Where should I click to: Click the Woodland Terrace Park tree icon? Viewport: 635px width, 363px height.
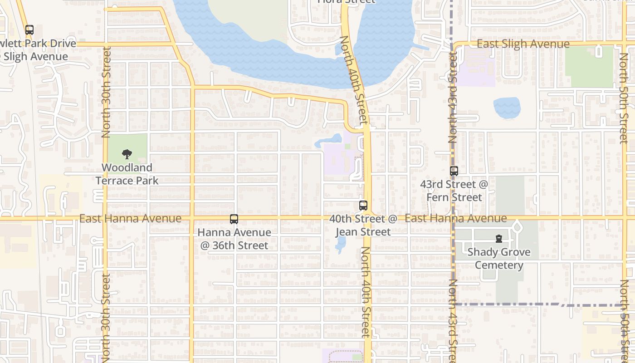[x=127, y=154]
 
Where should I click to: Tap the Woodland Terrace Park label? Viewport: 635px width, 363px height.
[x=127, y=174]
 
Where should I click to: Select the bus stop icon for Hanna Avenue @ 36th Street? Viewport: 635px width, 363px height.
[x=234, y=219]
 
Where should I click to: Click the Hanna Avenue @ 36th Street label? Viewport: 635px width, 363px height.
[x=234, y=239]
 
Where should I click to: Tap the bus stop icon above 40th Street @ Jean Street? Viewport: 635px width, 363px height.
[x=363, y=205]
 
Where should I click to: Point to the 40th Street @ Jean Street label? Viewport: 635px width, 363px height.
[x=363, y=225]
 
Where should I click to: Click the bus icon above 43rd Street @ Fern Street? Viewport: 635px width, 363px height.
[x=454, y=171]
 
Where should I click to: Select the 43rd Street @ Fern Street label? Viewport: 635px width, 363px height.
[x=454, y=191]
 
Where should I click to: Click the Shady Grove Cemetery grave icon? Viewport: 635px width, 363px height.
[x=499, y=239]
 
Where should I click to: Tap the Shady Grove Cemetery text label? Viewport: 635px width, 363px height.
[x=499, y=259]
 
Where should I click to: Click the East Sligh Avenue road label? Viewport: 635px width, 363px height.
[x=523, y=44]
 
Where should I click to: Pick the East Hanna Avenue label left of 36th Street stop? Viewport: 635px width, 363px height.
[x=130, y=219]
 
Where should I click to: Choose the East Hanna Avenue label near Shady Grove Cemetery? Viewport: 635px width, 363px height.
[x=455, y=218]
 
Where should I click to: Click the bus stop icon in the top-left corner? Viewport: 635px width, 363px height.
[x=29, y=30]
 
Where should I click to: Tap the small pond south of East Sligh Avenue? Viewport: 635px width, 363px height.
[x=507, y=108]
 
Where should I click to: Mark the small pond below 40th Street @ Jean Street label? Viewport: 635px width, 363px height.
[x=340, y=245]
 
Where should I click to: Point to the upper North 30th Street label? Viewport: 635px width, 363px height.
[x=106, y=92]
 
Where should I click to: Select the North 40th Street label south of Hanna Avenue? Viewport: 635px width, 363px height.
[x=366, y=292]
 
